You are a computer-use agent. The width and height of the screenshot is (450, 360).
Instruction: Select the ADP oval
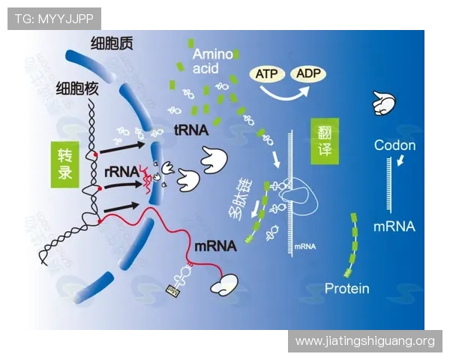[309, 73]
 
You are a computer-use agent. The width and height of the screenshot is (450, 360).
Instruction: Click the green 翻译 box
[325, 140]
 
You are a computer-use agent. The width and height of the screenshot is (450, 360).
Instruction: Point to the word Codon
[394, 145]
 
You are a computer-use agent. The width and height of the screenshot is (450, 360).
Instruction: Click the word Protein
[346, 289]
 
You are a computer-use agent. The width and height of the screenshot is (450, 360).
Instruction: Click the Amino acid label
[211, 61]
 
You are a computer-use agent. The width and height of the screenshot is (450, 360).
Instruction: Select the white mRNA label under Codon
[394, 226]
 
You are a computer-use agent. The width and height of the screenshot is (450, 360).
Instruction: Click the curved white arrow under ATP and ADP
[285, 92]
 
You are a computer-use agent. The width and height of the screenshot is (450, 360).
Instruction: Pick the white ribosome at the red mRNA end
[224, 283]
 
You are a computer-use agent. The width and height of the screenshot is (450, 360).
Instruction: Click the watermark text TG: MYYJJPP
[53, 18]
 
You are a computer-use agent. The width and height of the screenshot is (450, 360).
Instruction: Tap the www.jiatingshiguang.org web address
[364, 341]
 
